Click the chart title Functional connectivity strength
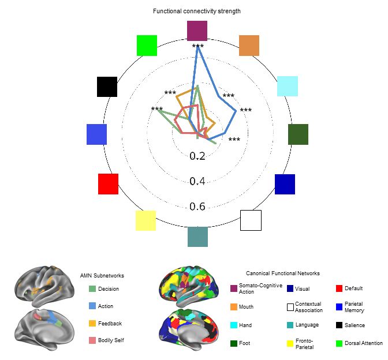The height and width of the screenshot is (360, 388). (197, 11)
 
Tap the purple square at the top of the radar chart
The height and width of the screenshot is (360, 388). (197, 31)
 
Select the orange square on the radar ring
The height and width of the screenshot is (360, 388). (249, 46)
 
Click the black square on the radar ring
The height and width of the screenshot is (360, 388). (107, 87)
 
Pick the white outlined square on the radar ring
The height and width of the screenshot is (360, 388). (251, 220)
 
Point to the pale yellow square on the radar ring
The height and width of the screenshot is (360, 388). (145, 220)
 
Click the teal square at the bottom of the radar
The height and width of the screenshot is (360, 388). (197, 237)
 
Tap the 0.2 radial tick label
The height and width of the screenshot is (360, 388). (197, 156)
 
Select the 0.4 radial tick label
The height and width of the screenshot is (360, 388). (197, 181)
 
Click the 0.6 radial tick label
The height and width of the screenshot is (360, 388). (197, 207)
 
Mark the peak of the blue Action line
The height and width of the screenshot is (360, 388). (197, 47)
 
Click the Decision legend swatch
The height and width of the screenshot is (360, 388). (92, 289)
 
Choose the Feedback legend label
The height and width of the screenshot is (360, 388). (110, 324)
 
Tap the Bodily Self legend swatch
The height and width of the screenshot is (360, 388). (92, 340)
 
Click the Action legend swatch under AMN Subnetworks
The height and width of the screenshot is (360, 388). (92, 306)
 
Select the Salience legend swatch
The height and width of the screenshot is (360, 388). (339, 325)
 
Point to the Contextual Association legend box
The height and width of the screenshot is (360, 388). (290, 307)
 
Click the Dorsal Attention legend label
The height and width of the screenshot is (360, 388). (364, 343)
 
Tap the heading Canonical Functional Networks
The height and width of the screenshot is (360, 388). (283, 273)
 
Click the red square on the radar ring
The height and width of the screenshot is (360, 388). (109, 184)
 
